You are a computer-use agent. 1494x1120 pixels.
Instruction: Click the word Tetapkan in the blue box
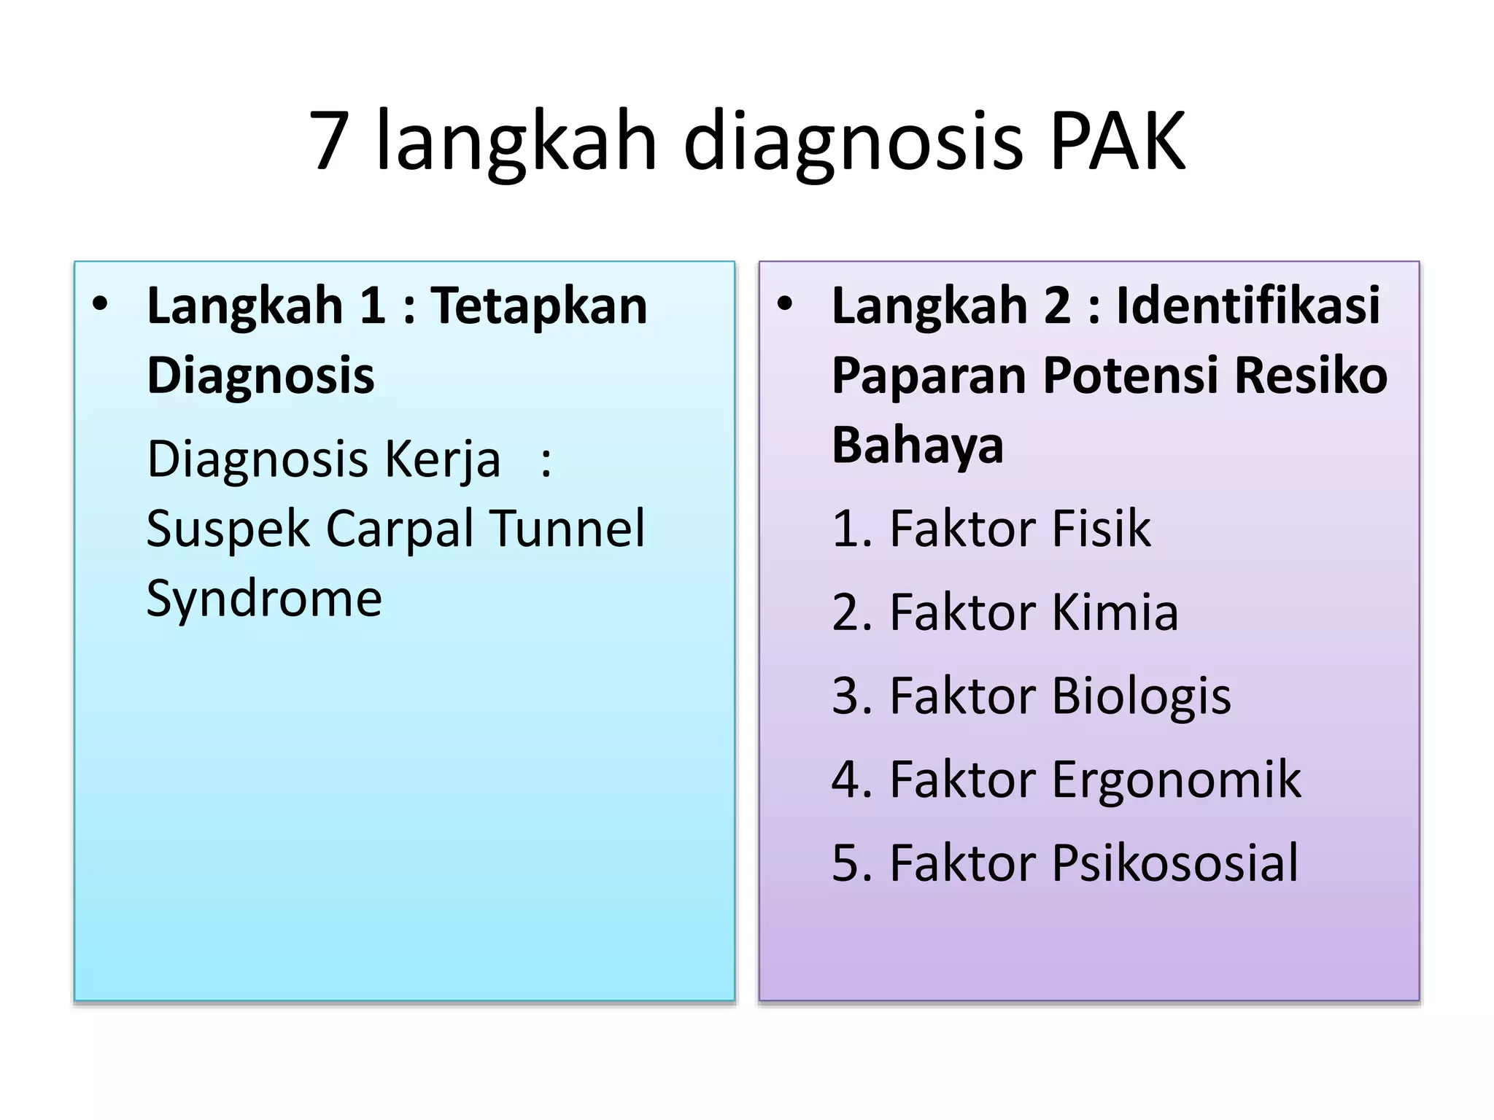538,306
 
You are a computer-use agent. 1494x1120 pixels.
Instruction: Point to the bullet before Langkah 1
101,305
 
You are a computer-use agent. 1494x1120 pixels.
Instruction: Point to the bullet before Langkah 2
784,305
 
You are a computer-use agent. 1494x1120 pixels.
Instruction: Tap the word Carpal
400,529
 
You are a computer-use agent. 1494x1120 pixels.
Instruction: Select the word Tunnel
567,529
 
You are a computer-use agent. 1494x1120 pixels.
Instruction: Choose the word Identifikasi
1248,306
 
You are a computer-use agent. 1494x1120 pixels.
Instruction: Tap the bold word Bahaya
918,446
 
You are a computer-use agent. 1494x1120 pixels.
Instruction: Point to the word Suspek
228,529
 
